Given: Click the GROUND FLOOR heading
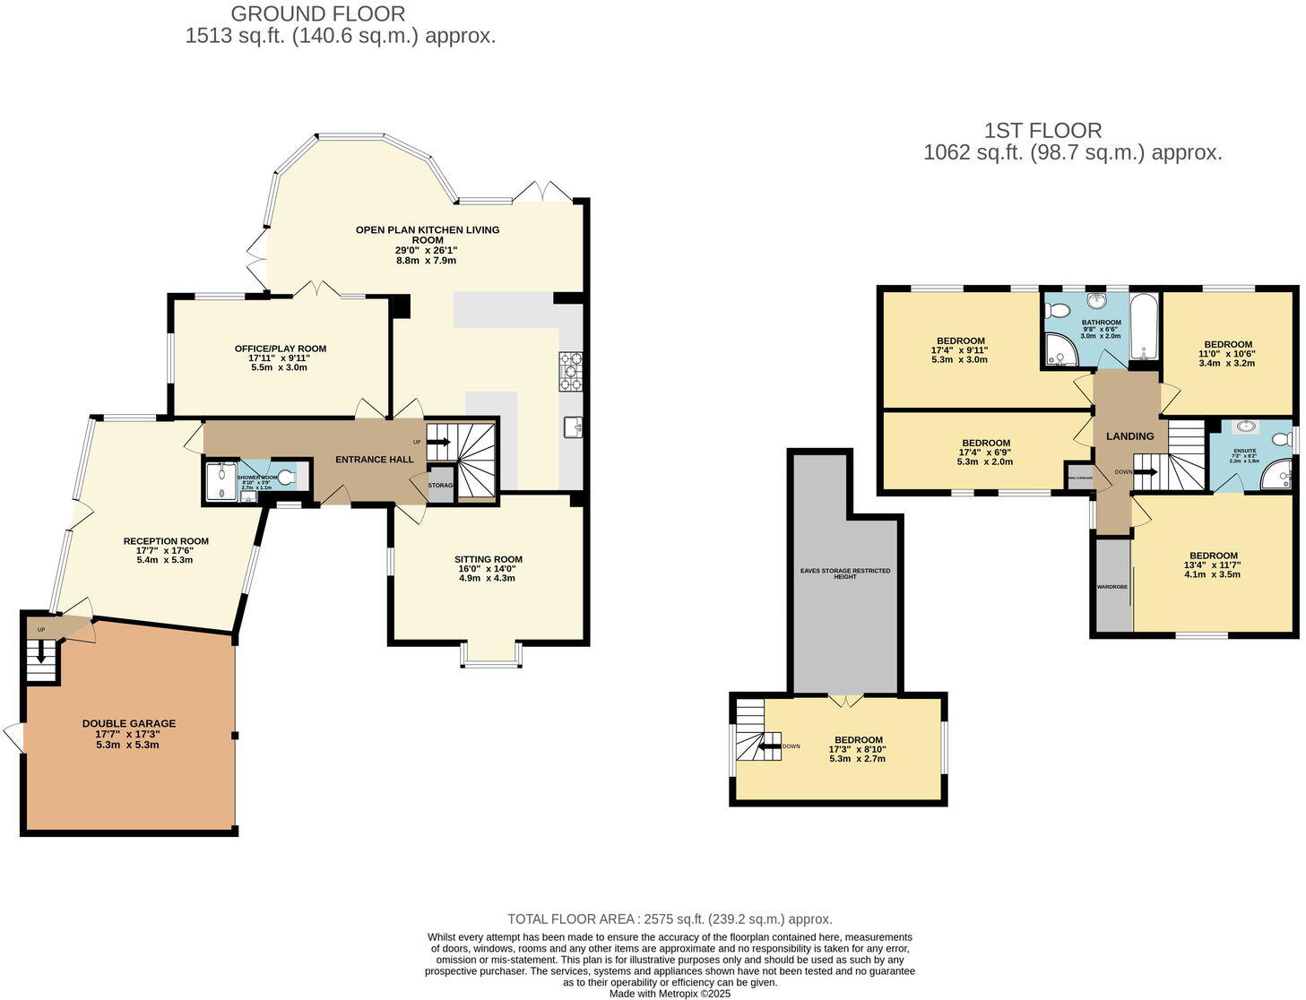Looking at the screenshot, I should coord(317,14).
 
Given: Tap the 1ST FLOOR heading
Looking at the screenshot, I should coord(1042,131).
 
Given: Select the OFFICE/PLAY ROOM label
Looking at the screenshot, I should coord(281,349).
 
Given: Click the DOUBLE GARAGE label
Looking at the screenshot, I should coord(129,723).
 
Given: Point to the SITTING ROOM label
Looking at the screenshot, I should coord(488,559).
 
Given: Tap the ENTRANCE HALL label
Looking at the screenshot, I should coord(374,460).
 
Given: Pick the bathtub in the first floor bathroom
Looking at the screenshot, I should coord(1143,328).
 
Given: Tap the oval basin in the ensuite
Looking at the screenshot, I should coord(1247,427).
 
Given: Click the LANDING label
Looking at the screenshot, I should coord(1129,436).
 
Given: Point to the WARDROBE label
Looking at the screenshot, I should coord(1111,588).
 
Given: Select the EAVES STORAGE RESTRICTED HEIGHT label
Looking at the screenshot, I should coord(845,573).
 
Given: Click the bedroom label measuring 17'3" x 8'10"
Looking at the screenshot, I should coord(857,740).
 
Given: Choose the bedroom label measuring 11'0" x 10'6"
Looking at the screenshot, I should coord(1227,344).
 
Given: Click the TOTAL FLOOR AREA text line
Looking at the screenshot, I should coord(670,918).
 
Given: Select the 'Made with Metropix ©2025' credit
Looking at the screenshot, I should coord(670,994).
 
